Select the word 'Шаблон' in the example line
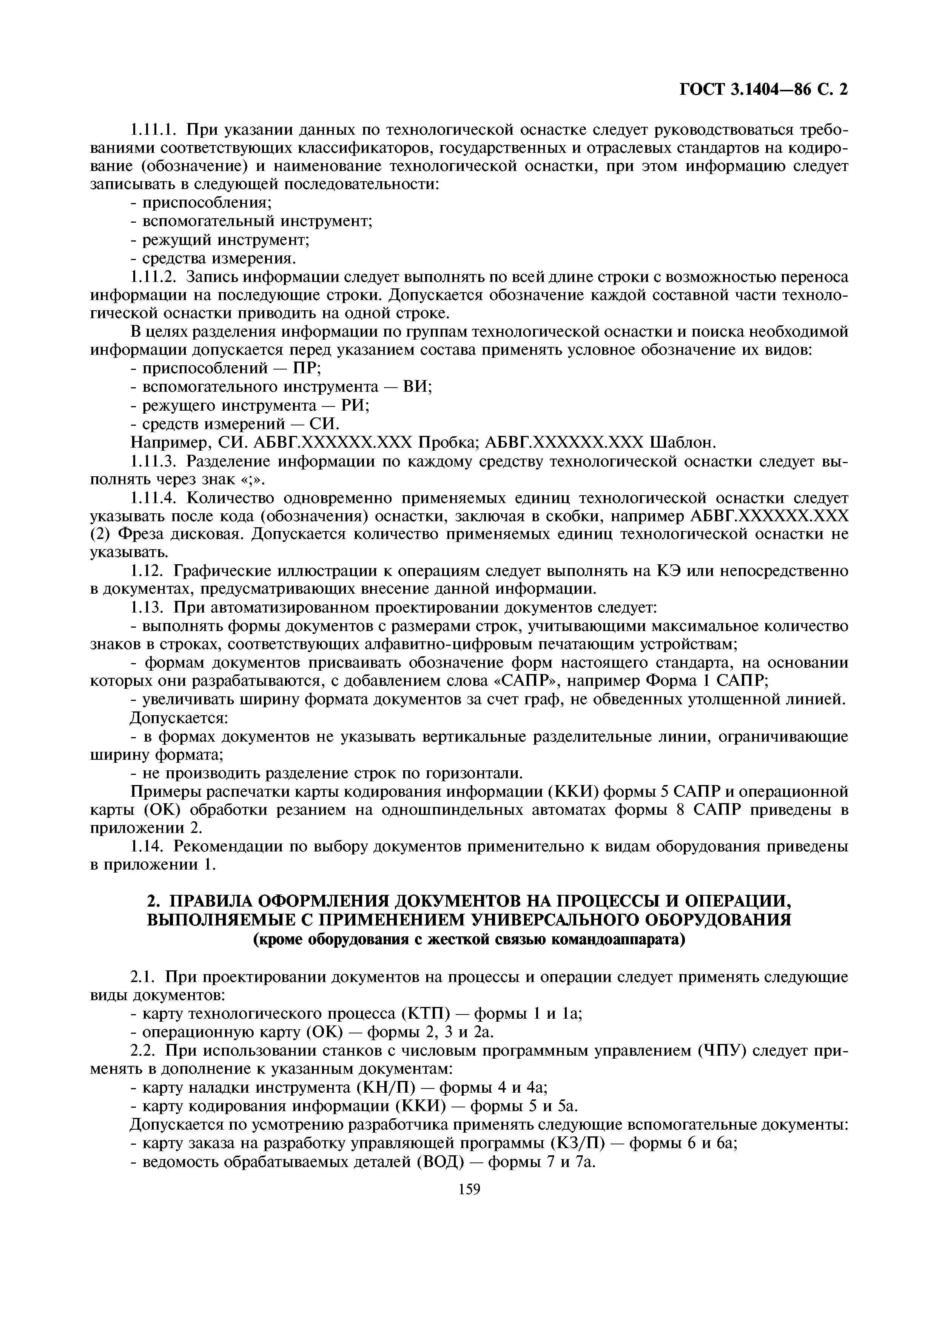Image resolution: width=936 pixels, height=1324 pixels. coord(683,442)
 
